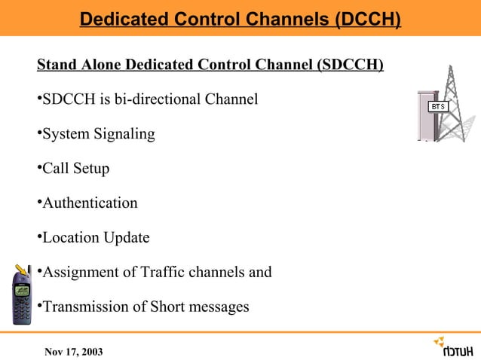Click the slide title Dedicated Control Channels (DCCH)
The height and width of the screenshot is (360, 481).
point(240,18)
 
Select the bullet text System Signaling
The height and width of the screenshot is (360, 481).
point(99,134)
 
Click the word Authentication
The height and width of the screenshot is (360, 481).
point(90,203)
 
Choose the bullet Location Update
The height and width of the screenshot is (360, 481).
point(96,238)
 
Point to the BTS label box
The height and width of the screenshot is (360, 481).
point(438,107)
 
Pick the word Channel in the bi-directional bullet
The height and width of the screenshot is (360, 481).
point(233,99)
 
